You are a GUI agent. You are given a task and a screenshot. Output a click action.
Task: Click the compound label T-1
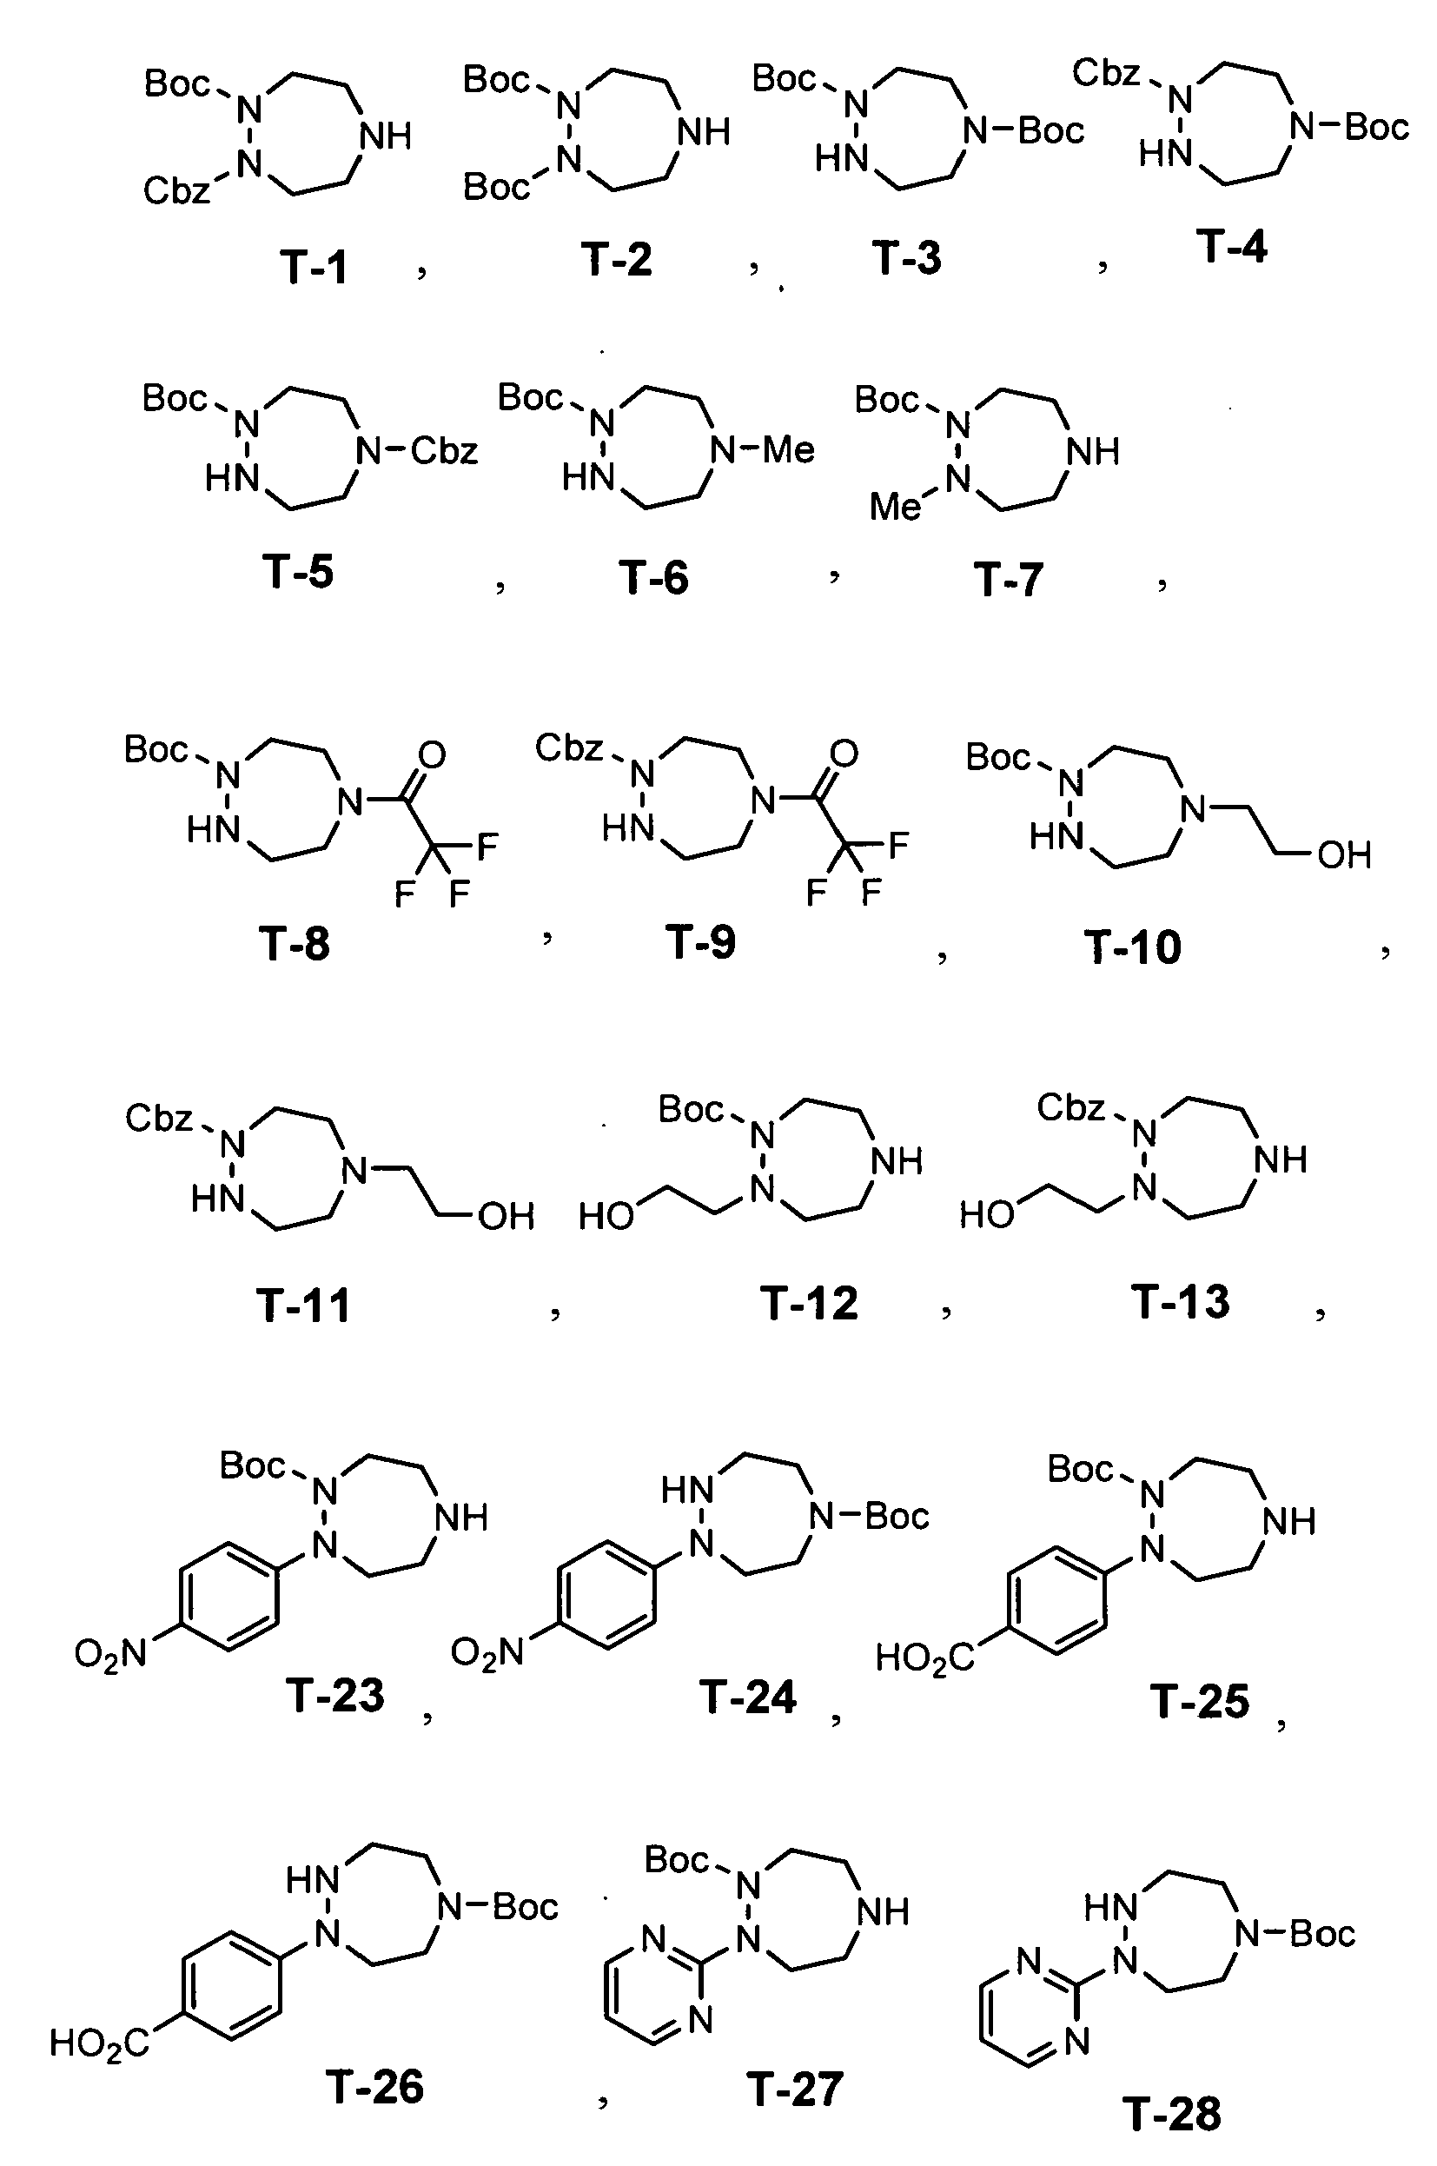315,268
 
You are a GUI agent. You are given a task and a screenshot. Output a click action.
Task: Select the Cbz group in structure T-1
177,190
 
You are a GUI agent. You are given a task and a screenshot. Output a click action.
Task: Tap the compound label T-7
1008,581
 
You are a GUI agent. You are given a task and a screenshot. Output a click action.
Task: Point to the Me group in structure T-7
896,506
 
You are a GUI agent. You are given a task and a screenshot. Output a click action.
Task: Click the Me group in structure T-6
788,449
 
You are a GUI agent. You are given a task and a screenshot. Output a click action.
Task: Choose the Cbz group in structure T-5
445,450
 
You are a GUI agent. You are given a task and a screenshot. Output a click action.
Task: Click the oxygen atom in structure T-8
432,755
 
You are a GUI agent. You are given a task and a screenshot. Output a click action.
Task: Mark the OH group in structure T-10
1344,855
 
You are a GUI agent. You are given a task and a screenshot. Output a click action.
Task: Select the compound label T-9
700,942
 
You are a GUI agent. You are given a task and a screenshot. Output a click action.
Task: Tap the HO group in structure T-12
606,1216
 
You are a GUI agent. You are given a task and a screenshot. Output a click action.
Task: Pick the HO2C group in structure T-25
924,1658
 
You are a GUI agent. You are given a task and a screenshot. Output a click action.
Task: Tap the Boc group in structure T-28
1322,1934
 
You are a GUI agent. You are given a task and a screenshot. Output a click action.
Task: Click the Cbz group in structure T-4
1106,73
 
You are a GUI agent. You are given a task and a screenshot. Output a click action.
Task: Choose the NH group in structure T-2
703,133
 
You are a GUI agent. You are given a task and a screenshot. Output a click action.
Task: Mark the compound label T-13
1181,1302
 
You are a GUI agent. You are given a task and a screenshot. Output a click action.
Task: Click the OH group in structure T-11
506,1216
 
